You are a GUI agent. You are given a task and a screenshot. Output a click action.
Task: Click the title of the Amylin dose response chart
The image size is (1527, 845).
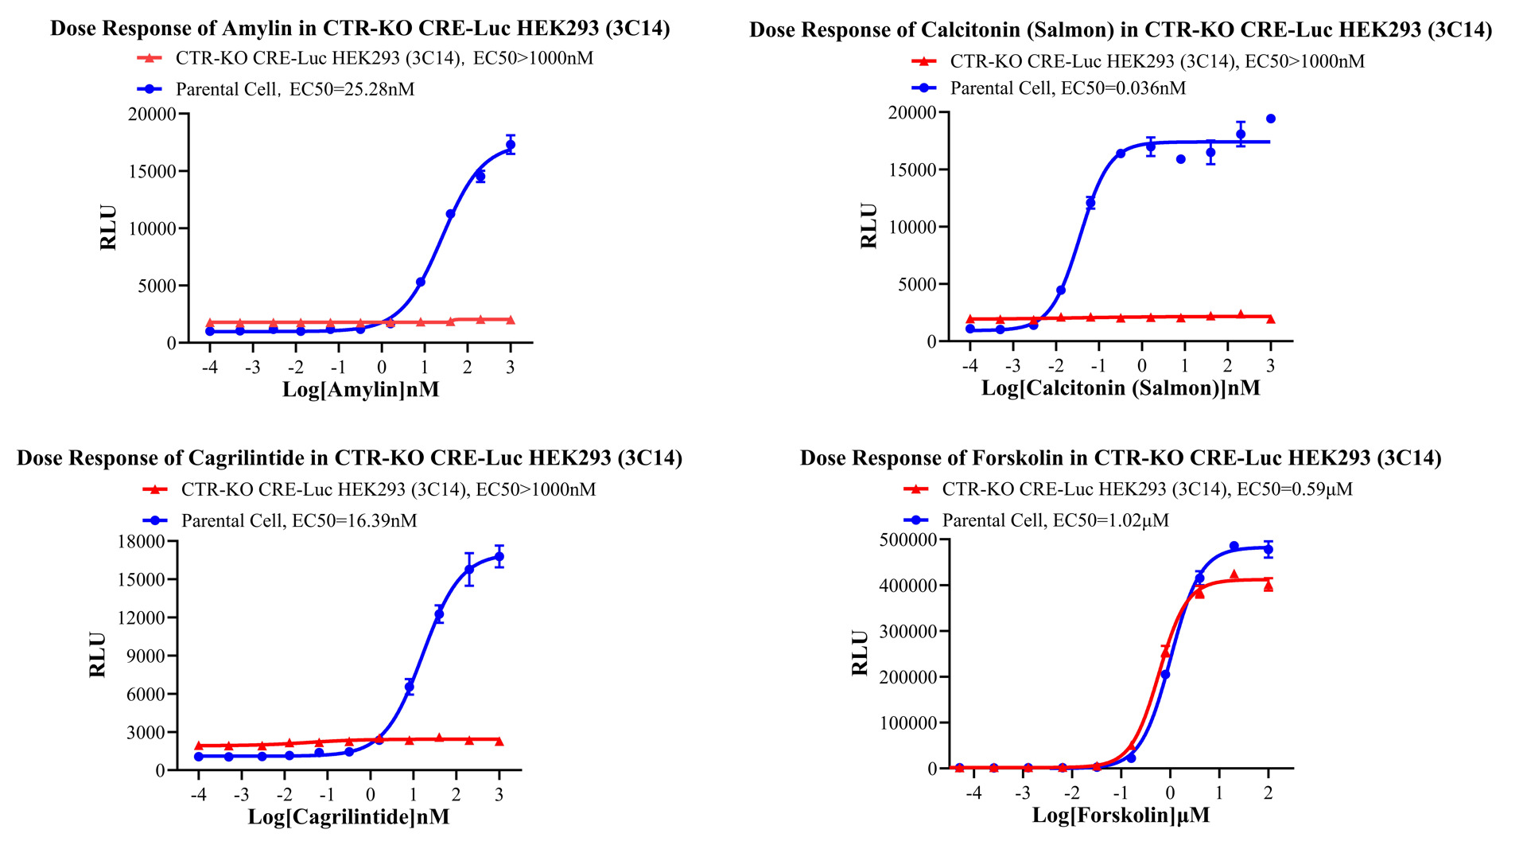click(x=359, y=29)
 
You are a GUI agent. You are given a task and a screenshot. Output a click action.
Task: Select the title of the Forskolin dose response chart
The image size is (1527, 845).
click(x=1120, y=458)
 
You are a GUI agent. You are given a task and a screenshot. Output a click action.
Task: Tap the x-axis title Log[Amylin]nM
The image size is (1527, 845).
click(x=360, y=390)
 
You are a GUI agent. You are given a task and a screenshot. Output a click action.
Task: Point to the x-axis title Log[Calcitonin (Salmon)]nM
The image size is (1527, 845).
click(x=1120, y=388)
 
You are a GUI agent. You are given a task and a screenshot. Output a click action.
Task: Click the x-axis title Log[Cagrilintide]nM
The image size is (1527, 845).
click(x=348, y=817)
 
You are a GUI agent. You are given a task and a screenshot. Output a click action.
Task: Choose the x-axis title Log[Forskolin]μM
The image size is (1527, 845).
click(x=1120, y=816)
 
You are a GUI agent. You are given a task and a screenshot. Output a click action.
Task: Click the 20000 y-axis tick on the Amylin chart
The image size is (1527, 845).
click(x=152, y=115)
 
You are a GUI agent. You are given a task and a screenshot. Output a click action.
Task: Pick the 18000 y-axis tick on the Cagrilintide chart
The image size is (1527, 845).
click(x=141, y=542)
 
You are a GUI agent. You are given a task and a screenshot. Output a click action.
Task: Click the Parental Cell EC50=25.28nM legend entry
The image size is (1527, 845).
click(x=294, y=89)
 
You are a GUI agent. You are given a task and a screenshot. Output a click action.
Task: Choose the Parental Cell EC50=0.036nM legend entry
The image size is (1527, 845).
click(x=1067, y=88)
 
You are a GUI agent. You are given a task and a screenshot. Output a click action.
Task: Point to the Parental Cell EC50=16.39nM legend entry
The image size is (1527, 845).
click(x=298, y=520)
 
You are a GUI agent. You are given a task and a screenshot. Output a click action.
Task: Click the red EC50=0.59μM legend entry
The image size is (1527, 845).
click(x=1146, y=489)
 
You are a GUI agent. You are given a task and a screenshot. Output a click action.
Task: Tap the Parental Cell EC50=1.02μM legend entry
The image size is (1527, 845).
click(x=1055, y=520)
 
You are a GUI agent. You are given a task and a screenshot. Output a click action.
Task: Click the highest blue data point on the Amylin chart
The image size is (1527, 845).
click(x=511, y=145)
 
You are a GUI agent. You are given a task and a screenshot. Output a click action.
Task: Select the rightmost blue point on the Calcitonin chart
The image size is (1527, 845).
click(x=1270, y=119)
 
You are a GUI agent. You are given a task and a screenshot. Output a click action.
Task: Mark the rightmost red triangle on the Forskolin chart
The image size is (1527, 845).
click(x=1269, y=586)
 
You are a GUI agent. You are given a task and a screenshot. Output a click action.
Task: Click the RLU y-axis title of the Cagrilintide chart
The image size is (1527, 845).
click(x=97, y=655)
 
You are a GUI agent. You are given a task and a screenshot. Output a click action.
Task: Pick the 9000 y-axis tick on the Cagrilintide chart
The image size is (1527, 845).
click(x=146, y=656)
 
